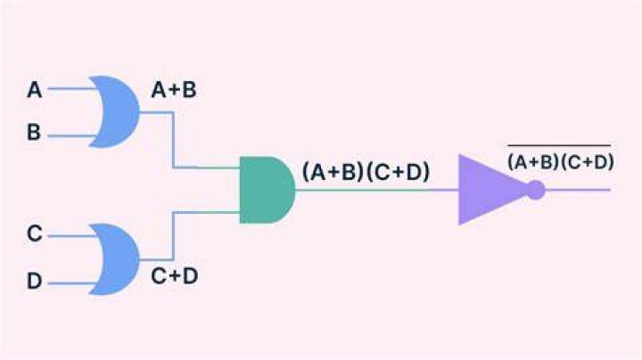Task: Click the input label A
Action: [x=35, y=90]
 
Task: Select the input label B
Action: [x=34, y=132]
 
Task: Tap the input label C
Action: [x=35, y=233]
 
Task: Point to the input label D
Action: [x=35, y=281]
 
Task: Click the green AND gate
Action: [x=267, y=190]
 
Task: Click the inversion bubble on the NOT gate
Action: [x=536, y=190]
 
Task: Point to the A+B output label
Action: [x=174, y=90]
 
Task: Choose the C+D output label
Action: [x=175, y=276]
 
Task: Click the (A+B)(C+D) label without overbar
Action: [x=366, y=171]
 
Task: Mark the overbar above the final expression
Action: [x=559, y=145]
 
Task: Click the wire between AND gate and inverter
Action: [x=376, y=190]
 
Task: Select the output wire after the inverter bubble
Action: [x=578, y=190]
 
